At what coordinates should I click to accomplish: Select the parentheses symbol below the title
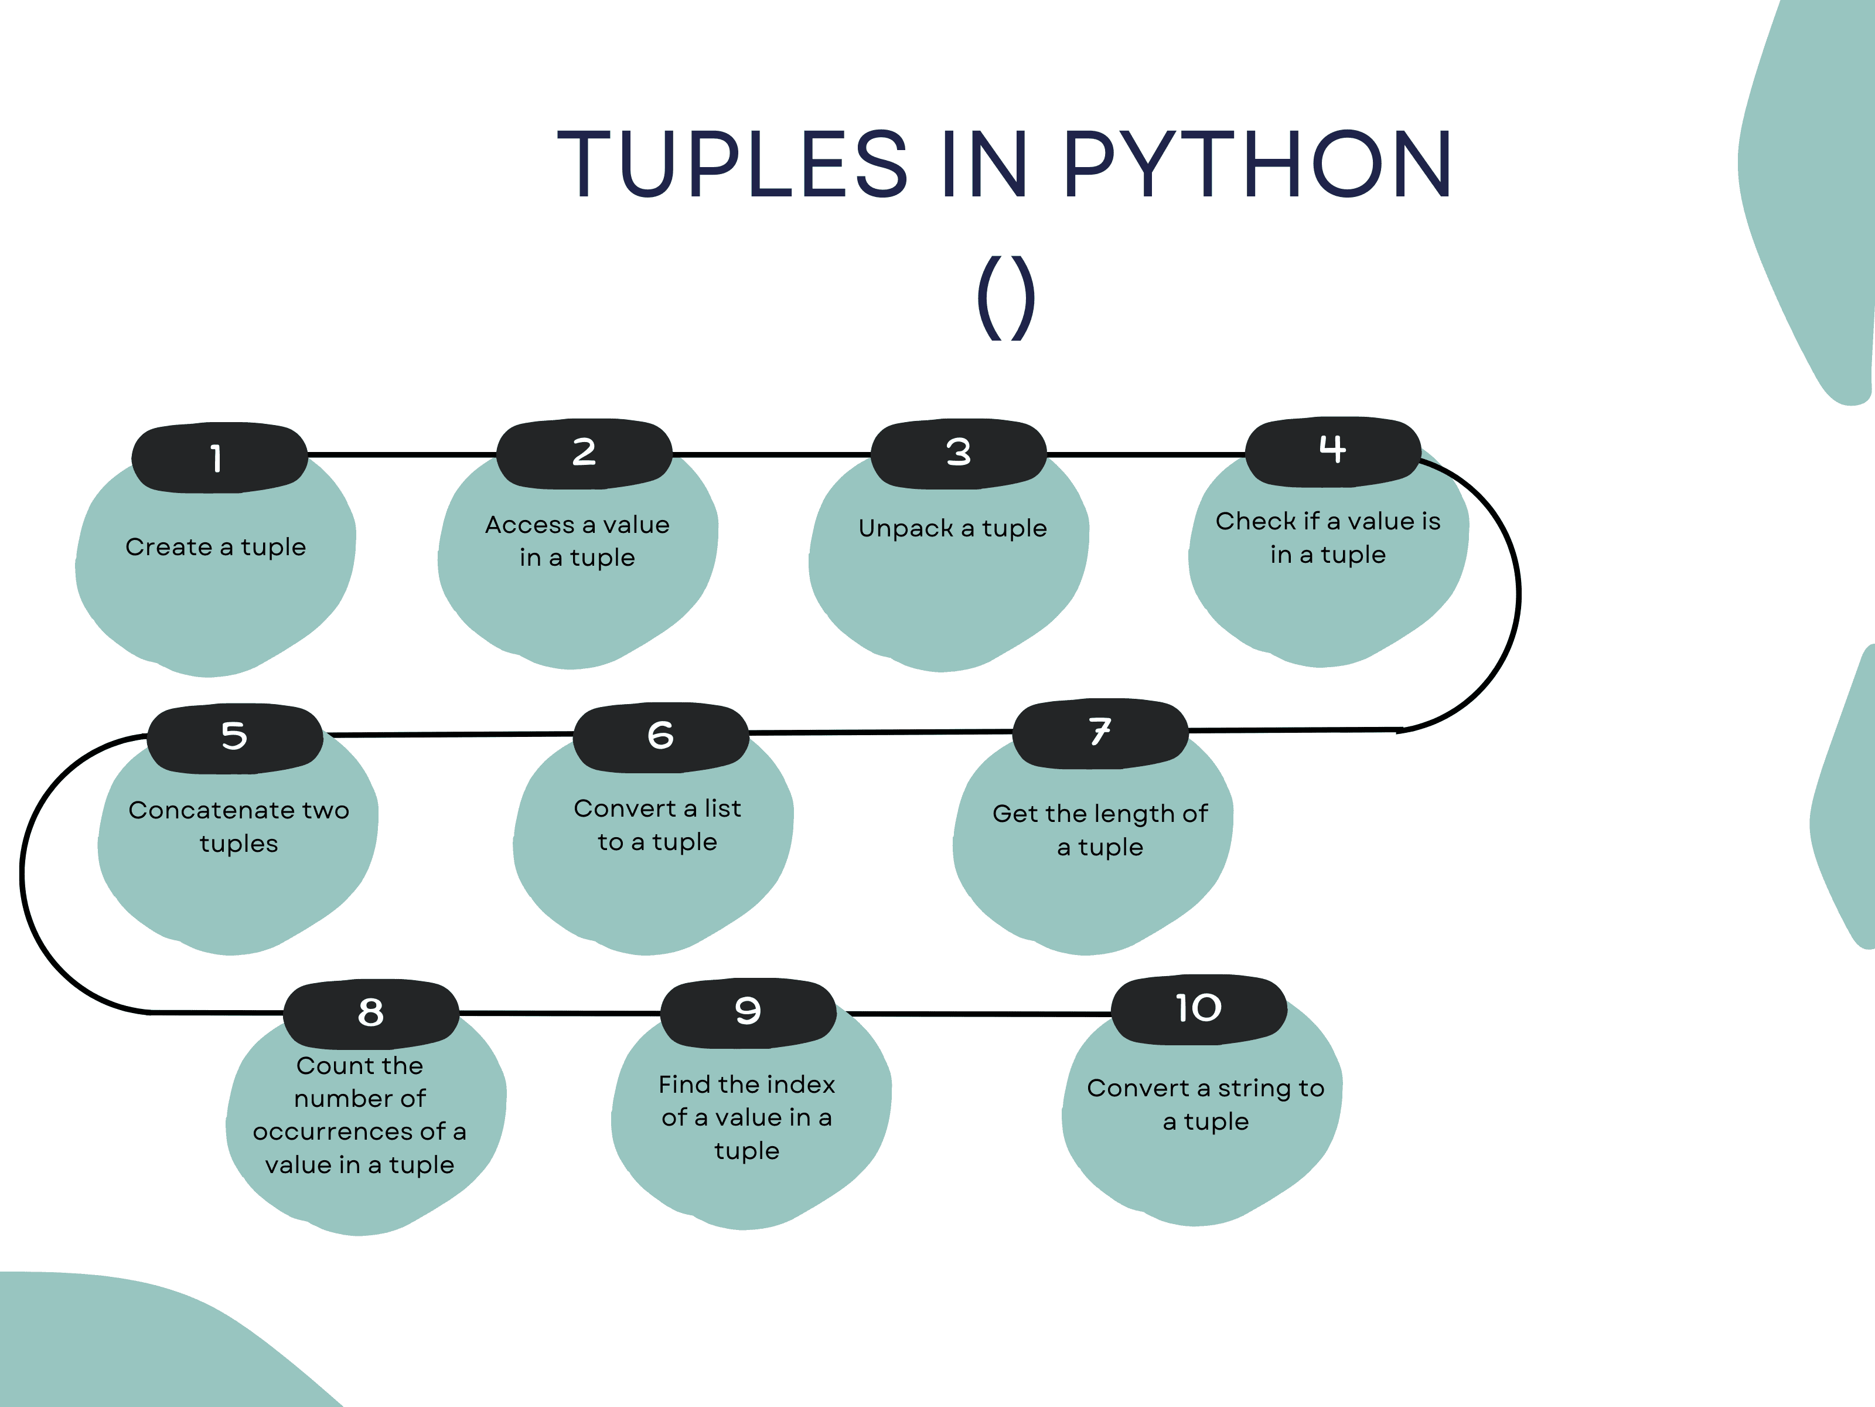1005,297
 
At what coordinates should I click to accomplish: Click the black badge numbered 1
219,457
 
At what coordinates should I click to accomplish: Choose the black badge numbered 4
1332,450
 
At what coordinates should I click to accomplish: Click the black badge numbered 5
235,736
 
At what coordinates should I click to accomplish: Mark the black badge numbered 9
748,1011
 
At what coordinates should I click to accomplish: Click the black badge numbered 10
1199,1008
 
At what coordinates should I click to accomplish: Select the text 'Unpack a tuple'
953,528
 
